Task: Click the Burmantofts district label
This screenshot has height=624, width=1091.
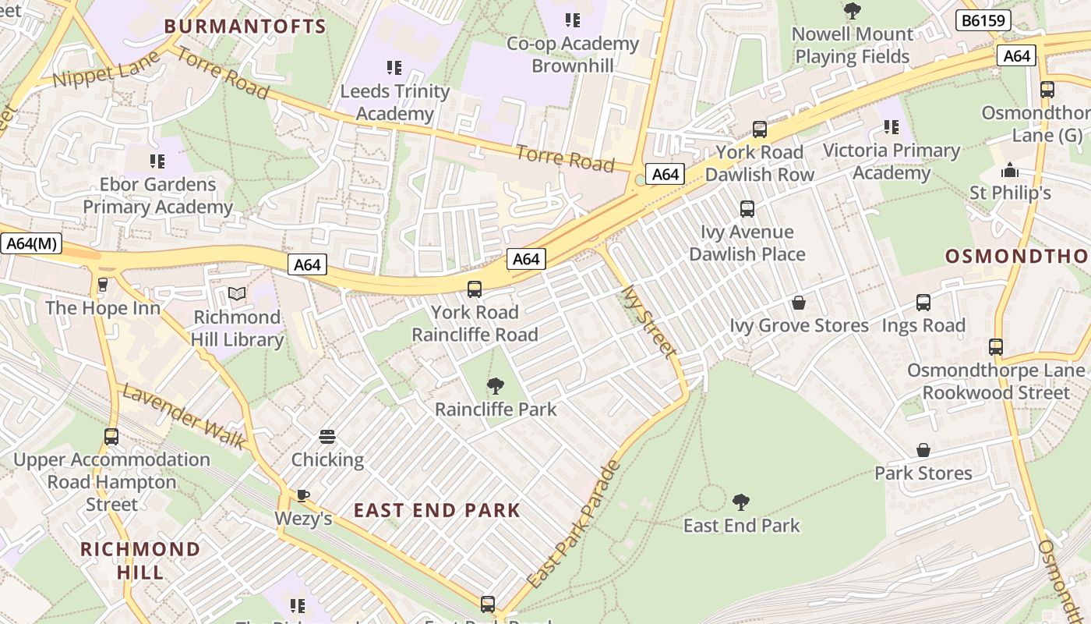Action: coord(245,27)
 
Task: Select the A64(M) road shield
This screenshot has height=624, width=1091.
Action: coord(31,243)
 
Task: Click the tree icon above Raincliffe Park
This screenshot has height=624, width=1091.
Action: coord(495,385)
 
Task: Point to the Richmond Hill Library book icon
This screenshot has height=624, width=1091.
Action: coord(237,294)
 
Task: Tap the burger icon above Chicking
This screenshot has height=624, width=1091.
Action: coord(327,437)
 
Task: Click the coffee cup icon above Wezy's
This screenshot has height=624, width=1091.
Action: coord(303,495)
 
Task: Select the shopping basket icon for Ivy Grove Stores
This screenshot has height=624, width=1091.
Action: coord(799,303)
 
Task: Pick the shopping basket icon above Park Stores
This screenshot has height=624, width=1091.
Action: coord(923,450)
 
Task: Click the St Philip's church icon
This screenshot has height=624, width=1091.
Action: coord(1010,169)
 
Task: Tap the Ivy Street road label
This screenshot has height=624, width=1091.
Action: coord(648,321)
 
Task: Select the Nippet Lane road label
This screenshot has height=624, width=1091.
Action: coord(106,70)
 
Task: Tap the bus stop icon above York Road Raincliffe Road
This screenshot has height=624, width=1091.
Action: coord(475,289)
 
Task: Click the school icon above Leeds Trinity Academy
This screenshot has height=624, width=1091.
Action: coord(394,68)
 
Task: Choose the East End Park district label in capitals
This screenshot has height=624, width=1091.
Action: coord(436,511)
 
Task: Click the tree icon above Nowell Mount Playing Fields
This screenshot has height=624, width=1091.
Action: coord(853,11)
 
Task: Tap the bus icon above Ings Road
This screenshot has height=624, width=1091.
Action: coord(923,303)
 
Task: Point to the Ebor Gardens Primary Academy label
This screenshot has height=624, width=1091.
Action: coord(157,196)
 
